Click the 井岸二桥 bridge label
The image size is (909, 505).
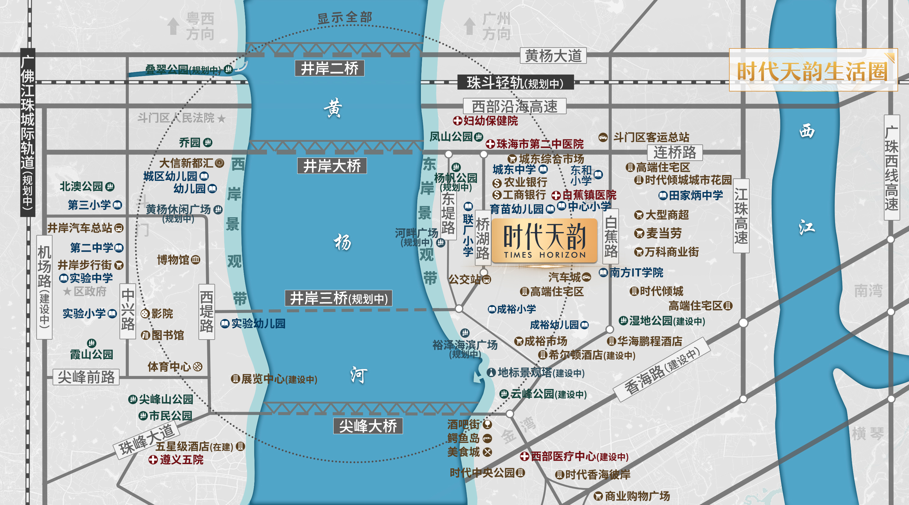(x=330, y=68)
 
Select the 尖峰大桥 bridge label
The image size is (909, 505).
(x=368, y=426)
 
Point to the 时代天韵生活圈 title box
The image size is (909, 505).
(x=813, y=70)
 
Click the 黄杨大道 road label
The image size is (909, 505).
(x=553, y=56)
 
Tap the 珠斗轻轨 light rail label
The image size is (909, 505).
(x=515, y=83)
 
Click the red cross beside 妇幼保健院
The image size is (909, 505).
(x=457, y=121)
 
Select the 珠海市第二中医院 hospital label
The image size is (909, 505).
(x=540, y=144)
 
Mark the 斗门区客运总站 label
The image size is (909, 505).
(x=651, y=137)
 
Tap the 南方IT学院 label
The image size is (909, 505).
(x=636, y=272)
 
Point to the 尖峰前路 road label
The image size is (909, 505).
(x=86, y=377)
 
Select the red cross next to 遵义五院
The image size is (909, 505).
(x=153, y=460)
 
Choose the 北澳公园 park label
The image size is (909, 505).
(x=82, y=186)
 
